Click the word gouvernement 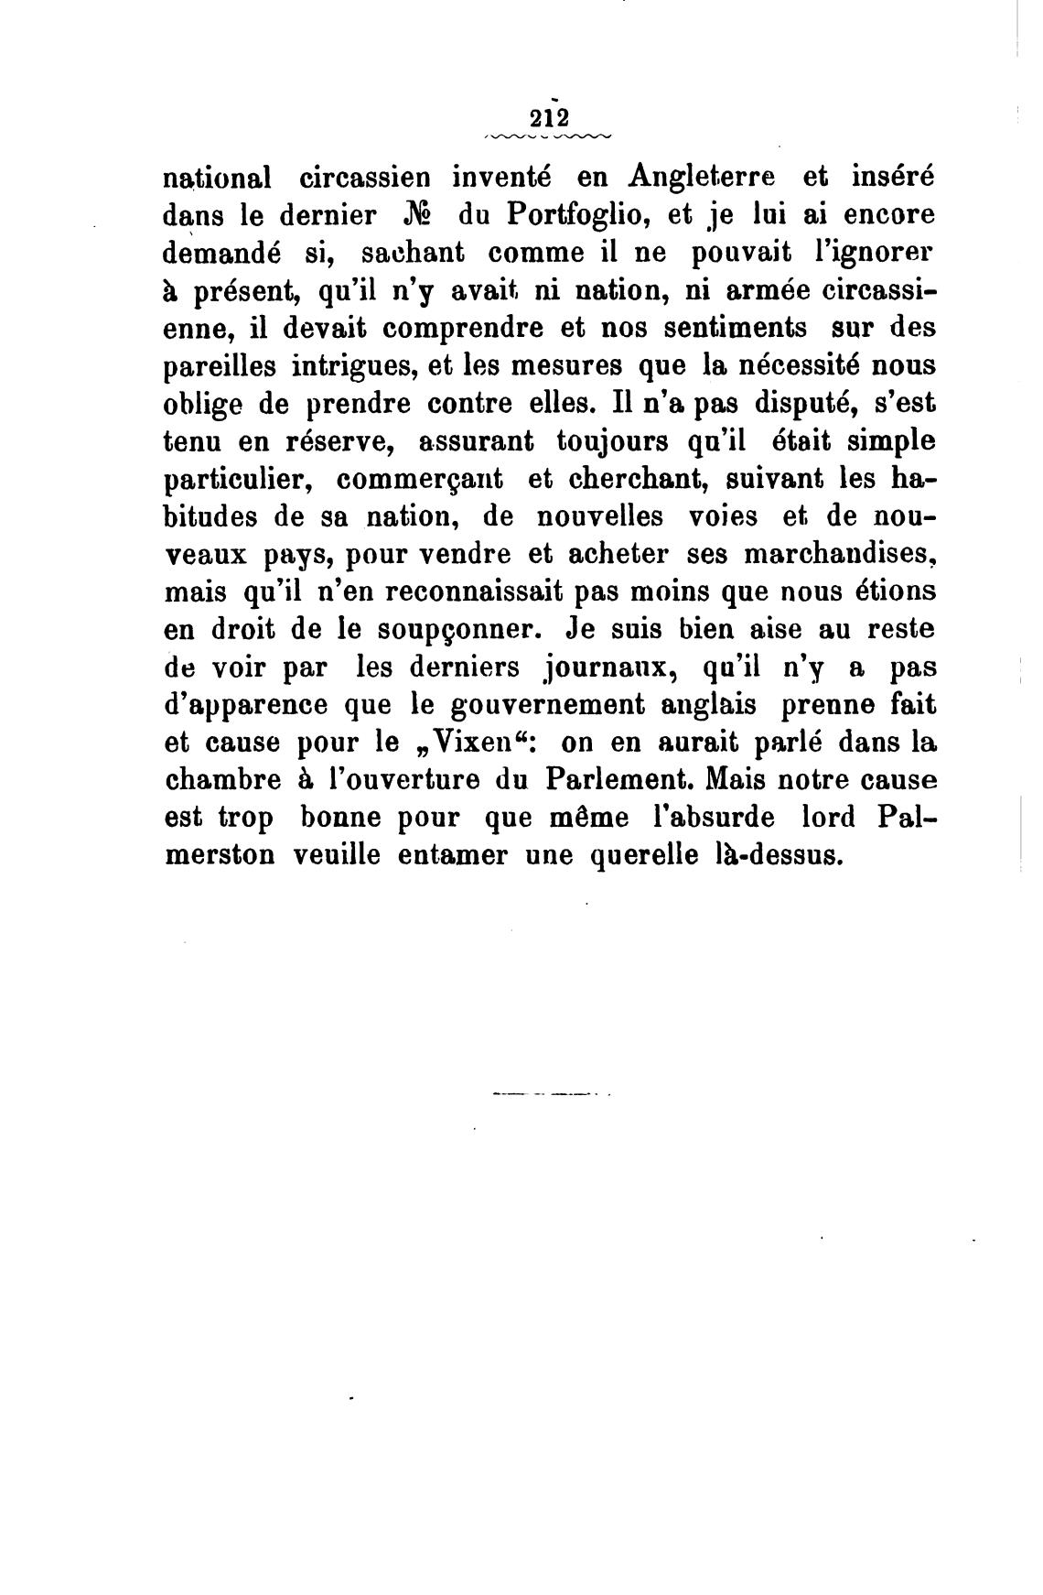tap(497, 706)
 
